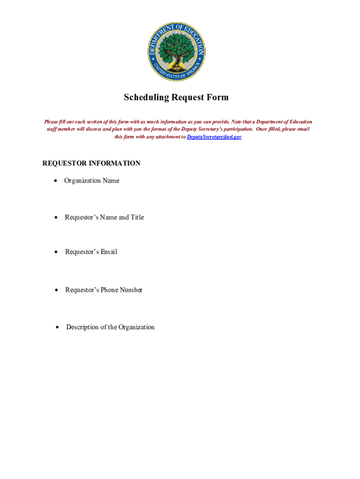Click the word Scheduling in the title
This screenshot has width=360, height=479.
[146, 97]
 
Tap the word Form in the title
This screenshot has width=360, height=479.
[218, 97]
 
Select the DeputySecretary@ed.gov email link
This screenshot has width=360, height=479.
[214, 137]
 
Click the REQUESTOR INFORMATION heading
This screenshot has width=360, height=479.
[91, 163]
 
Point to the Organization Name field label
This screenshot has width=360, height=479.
[92, 181]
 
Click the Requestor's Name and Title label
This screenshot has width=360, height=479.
[104, 217]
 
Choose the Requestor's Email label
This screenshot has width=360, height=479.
[91, 252]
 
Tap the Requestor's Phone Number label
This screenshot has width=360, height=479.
[104, 290]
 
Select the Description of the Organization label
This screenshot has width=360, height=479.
[110, 327]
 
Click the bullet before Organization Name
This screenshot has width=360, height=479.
[56, 181]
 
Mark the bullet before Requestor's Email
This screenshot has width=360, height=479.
[56, 252]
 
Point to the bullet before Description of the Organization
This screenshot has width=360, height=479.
[57, 327]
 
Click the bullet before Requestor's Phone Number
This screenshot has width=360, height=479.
[56, 290]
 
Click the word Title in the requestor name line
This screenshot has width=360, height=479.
[137, 217]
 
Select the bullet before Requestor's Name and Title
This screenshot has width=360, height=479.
[56, 217]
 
